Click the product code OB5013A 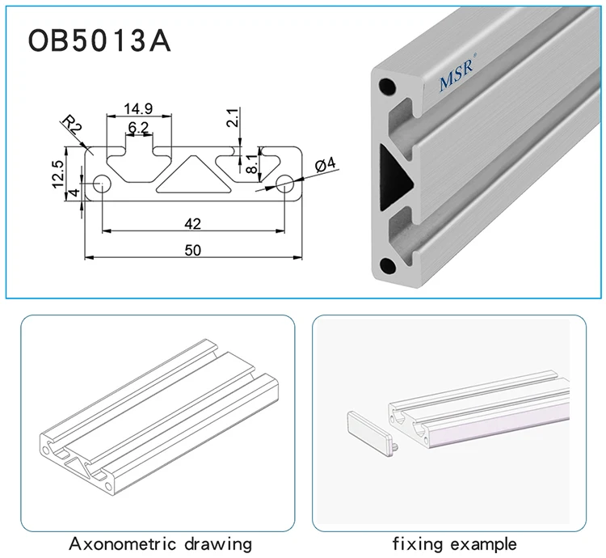click(x=99, y=40)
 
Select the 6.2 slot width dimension click(x=138, y=127)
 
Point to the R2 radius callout click(x=72, y=125)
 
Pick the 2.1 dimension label click(x=232, y=119)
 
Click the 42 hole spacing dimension click(x=192, y=222)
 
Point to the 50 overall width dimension click(x=192, y=250)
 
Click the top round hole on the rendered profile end click(x=389, y=84)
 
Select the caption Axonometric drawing click(x=160, y=543)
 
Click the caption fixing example click(x=454, y=543)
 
